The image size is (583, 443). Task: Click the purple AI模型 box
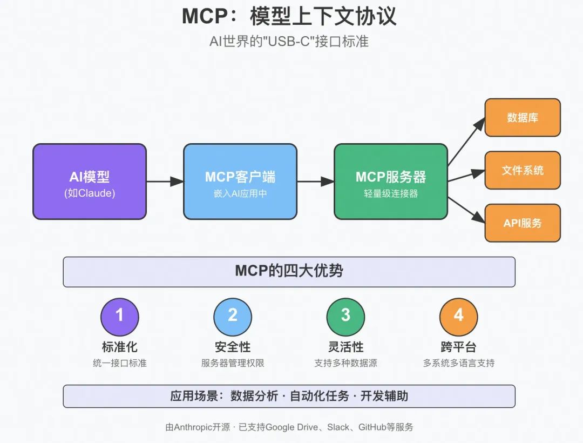coord(89,182)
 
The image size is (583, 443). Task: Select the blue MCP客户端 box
coord(240,182)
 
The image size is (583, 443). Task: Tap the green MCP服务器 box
coord(390,182)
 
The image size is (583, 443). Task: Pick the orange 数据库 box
coord(522,117)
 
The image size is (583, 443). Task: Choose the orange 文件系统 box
coord(522,170)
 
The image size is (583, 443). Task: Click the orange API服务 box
coord(522,223)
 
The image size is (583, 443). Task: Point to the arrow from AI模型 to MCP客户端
coord(165,182)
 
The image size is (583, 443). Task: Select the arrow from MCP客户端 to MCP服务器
coord(315,182)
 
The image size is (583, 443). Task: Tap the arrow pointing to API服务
coord(466,209)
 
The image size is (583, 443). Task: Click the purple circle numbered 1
coord(119,316)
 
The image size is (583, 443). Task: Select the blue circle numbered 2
coord(233,316)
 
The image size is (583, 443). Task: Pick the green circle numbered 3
coord(345,316)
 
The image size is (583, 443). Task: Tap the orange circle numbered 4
coord(458,316)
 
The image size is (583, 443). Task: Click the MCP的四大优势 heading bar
coord(289,271)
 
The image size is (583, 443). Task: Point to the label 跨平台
coord(458,347)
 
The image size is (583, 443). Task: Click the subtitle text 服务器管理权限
coord(233,363)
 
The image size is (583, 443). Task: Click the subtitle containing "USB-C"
coord(289,41)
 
